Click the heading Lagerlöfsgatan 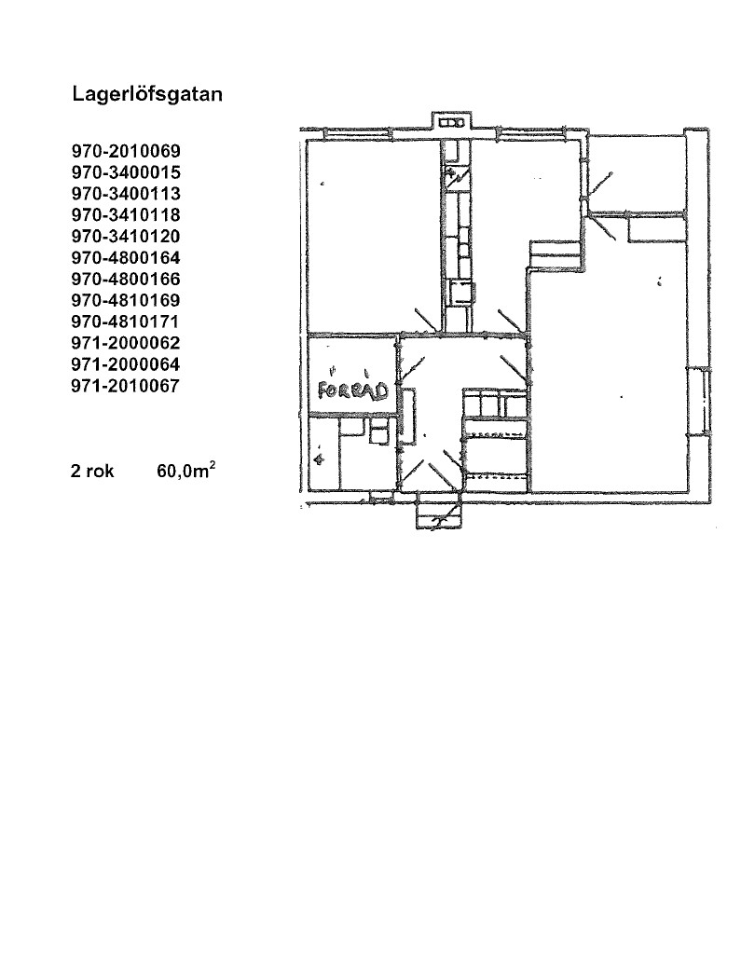[147, 95]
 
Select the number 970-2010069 [126, 151]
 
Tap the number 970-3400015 [126, 172]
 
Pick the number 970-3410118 [126, 215]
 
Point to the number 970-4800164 [126, 257]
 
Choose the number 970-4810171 [126, 322]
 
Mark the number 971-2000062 [126, 343]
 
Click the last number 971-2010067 [126, 386]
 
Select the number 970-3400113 [126, 194]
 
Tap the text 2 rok [92, 472]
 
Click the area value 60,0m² [186, 470]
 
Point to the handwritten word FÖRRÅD [352, 390]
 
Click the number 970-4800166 [126, 279]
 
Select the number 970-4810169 [126, 300]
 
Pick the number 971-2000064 [126, 364]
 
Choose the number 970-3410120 [126, 236]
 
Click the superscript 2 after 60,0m [213, 465]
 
